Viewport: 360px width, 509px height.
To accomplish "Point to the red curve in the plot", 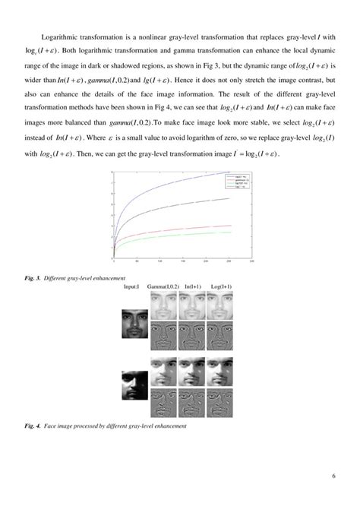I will (x=190, y=229).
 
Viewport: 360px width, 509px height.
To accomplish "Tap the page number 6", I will (x=333, y=476).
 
